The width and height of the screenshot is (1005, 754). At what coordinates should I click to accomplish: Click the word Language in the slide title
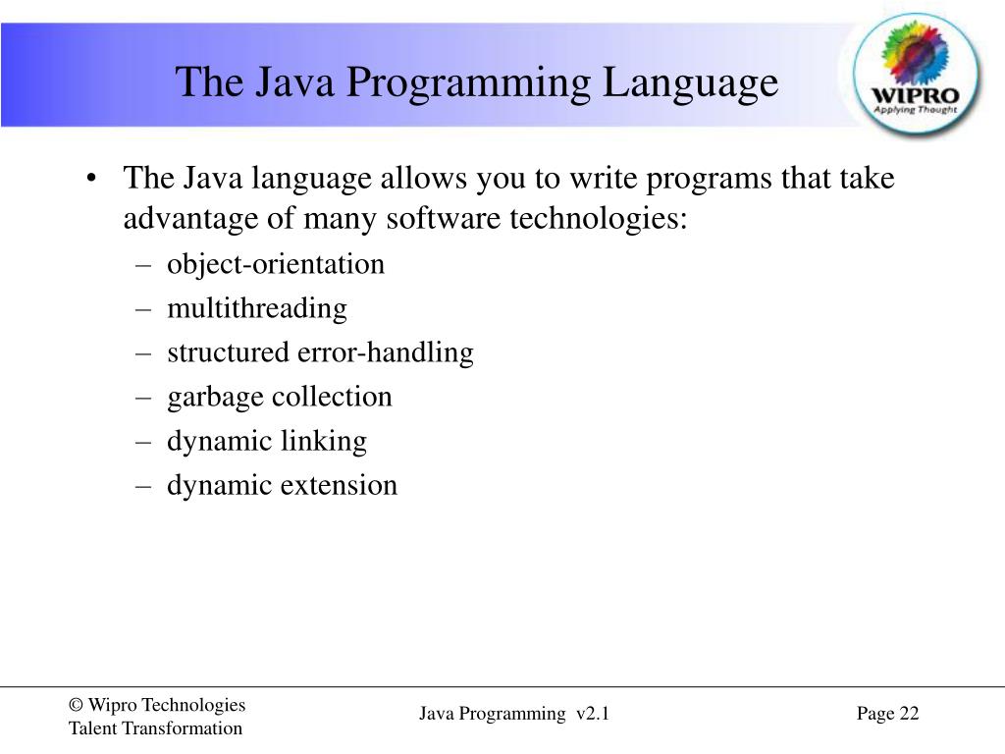(690, 82)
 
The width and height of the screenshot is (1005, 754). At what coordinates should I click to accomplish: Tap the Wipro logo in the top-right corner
(917, 75)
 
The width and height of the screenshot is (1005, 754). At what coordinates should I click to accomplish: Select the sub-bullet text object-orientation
(276, 264)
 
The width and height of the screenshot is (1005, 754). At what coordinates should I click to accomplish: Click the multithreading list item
(257, 308)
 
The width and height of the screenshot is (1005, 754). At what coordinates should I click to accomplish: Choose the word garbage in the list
(215, 397)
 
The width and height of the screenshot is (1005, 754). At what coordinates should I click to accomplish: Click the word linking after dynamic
(323, 441)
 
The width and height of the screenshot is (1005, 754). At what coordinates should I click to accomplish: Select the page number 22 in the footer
(909, 714)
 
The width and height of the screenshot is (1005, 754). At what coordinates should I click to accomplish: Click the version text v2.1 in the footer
(594, 714)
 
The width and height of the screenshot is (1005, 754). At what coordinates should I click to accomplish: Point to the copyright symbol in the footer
(75, 705)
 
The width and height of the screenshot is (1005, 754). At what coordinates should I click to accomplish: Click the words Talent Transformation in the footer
(155, 728)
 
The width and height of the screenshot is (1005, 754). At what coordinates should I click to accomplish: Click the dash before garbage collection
(143, 397)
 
